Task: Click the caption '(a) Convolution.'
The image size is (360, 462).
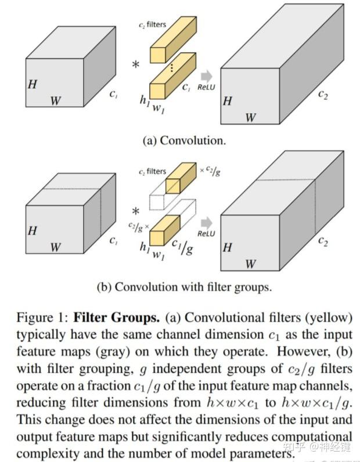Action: [x=184, y=140]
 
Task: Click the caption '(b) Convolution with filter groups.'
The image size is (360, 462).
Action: [x=184, y=286]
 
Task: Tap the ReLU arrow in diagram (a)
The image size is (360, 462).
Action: [x=207, y=76]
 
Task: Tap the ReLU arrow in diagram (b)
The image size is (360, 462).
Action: [x=207, y=222]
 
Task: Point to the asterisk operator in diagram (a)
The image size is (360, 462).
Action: [x=136, y=65]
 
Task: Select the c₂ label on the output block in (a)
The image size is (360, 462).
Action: [x=322, y=95]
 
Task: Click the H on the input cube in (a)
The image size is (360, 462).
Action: [x=33, y=84]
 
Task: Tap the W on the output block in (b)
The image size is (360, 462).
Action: [x=250, y=264]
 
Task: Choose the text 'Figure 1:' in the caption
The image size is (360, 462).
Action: [x=42, y=318]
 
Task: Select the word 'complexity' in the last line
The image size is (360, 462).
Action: [x=42, y=453]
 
